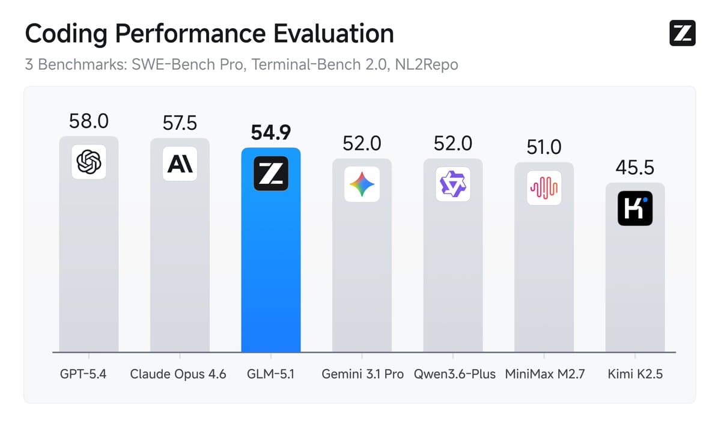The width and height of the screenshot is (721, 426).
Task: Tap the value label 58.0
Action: coord(89,121)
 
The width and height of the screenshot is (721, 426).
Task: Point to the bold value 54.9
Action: coord(271,132)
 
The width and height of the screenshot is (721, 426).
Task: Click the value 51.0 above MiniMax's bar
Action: coord(544,147)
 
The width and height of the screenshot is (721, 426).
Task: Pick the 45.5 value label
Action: coord(634,168)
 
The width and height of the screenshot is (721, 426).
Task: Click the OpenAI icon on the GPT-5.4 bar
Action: coord(89,162)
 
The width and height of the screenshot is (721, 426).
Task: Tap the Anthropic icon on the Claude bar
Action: coord(180,163)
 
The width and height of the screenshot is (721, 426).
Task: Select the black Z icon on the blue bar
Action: coord(271,174)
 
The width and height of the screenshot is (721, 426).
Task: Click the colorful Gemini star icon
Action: coord(362,184)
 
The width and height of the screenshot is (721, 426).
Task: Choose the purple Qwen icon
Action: coord(453,184)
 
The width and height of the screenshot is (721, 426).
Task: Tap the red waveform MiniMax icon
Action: coord(544,188)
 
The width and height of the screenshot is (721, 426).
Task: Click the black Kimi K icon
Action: coord(634,208)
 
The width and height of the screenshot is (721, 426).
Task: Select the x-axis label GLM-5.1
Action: coord(271,374)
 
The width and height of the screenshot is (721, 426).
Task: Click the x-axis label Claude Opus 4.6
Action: coord(178,374)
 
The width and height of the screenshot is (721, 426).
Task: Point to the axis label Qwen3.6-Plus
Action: coord(454,374)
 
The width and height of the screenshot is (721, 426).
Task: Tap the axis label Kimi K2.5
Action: coord(635,374)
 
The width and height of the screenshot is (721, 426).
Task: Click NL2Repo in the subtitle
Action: coord(426,64)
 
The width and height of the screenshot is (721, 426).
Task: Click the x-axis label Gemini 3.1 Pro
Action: coord(362,374)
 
